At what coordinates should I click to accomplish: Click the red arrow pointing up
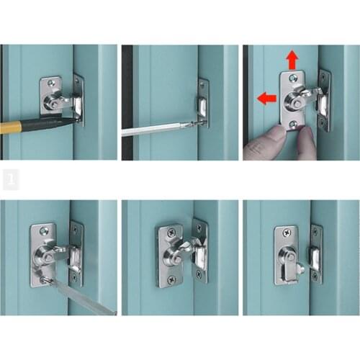coord(291,60)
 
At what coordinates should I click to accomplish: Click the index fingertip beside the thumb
coord(305,135)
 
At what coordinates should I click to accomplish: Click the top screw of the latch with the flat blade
coord(45,231)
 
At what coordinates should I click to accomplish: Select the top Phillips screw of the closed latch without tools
coord(171,233)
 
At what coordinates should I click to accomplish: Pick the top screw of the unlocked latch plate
coord(287,233)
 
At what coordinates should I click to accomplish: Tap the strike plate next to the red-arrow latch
coord(324,101)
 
